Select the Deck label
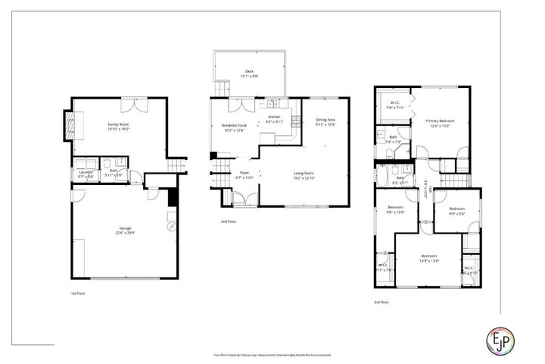point(249,71)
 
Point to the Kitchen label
point(274,116)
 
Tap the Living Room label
point(304,173)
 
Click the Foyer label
point(245,173)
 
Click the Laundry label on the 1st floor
point(85,171)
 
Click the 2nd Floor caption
point(229,221)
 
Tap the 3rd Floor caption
point(381,302)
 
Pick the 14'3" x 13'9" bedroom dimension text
point(430,261)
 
